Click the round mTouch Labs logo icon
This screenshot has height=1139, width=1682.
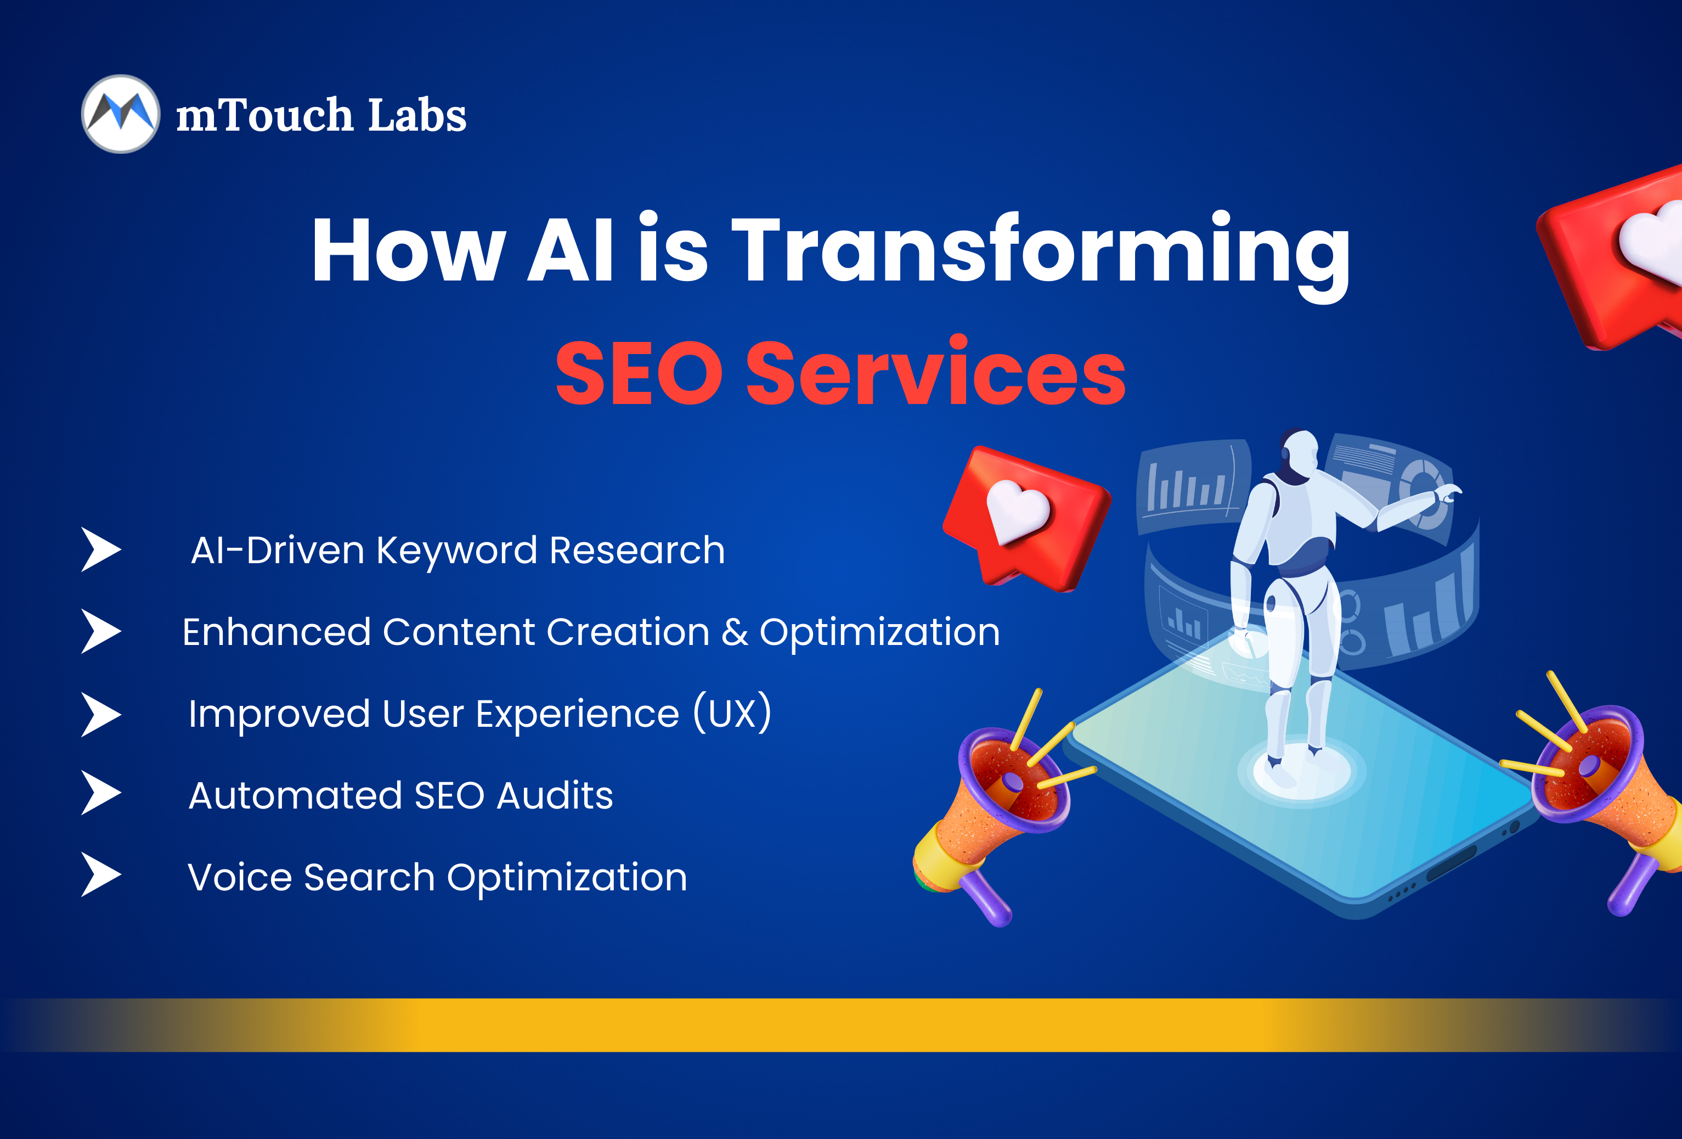tap(120, 114)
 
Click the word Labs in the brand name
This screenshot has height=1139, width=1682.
tap(417, 115)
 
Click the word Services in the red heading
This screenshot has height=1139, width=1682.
tap(936, 371)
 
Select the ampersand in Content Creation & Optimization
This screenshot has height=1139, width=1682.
tap(735, 632)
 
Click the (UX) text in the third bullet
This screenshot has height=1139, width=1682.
tap(732, 712)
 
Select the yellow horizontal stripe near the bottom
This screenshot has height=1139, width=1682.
tap(841, 1025)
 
